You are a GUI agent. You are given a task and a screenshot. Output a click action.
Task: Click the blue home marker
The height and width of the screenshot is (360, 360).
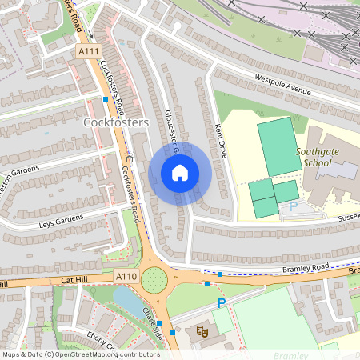[x=180, y=173]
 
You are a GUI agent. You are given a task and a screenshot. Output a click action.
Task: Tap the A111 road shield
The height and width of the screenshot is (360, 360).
[x=88, y=51]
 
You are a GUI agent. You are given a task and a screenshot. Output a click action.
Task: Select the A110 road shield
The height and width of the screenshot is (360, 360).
[x=126, y=276]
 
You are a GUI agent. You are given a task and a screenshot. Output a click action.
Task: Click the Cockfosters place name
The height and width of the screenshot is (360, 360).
[x=116, y=122]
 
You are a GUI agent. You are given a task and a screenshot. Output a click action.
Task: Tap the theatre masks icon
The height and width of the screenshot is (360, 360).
[x=202, y=330]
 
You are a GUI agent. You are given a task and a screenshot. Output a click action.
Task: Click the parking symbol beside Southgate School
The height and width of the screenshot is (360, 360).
[x=293, y=206]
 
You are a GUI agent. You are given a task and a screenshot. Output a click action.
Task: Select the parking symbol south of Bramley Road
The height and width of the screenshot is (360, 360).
[x=222, y=303]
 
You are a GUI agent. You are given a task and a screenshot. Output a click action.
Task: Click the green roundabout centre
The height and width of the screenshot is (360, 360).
[x=154, y=280]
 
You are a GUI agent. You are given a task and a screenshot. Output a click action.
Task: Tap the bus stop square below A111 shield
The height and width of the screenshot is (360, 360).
[x=106, y=99]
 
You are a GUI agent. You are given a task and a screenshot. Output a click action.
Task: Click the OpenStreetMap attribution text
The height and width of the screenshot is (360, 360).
[x=81, y=354]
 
